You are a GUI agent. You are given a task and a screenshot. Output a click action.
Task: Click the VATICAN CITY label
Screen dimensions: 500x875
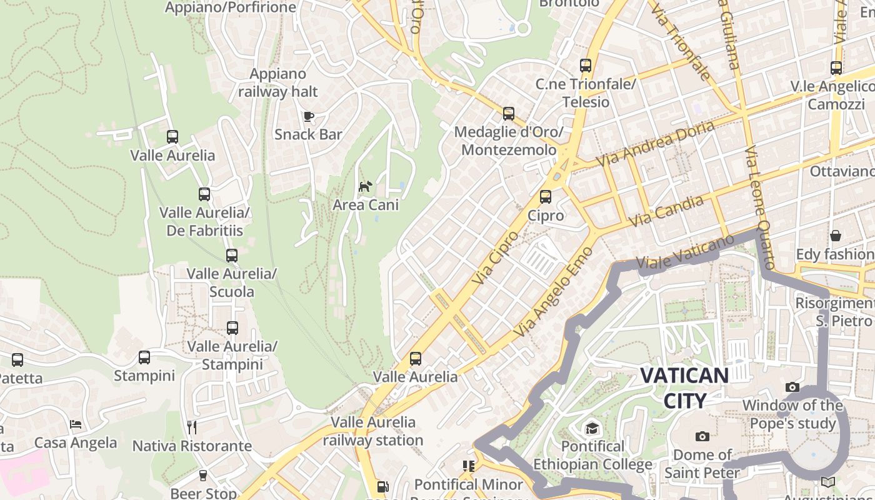tap(684, 387)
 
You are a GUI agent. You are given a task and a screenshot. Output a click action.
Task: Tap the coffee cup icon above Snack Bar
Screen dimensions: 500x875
tap(308, 116)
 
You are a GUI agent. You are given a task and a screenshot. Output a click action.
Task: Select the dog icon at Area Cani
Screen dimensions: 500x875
tap(365, 186)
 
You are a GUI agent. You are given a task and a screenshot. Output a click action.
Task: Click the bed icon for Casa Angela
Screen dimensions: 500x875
tap(76, 424)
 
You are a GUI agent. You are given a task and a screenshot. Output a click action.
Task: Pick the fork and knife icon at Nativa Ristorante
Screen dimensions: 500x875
tap(192, 427)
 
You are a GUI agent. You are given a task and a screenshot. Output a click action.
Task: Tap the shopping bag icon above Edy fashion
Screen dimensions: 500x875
tap(836, 236)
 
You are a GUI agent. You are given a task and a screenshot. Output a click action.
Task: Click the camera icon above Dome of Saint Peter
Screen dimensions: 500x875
tap(702, 436)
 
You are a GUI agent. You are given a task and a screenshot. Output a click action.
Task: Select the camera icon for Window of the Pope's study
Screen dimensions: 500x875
tap(792, 387)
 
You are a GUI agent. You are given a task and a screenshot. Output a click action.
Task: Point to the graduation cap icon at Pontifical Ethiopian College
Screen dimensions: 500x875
tap(591, 428)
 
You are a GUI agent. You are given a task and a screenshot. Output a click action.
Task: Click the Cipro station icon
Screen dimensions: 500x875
tap(546, 197)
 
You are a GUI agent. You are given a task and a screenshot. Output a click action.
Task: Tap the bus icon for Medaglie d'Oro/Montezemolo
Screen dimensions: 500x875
tap(509, 114)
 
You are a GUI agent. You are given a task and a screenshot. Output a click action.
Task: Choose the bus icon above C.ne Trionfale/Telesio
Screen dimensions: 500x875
tap(586, 66)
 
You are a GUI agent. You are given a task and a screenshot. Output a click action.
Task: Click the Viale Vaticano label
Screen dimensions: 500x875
tap(685, 254)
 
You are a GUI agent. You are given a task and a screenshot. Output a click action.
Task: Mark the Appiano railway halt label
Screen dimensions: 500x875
tap(278, 82)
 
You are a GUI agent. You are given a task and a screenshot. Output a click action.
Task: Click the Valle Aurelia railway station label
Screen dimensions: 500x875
tap(373, 431)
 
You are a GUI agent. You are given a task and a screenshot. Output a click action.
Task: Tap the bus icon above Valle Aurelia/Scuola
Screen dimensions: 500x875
tap(232, 256)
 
